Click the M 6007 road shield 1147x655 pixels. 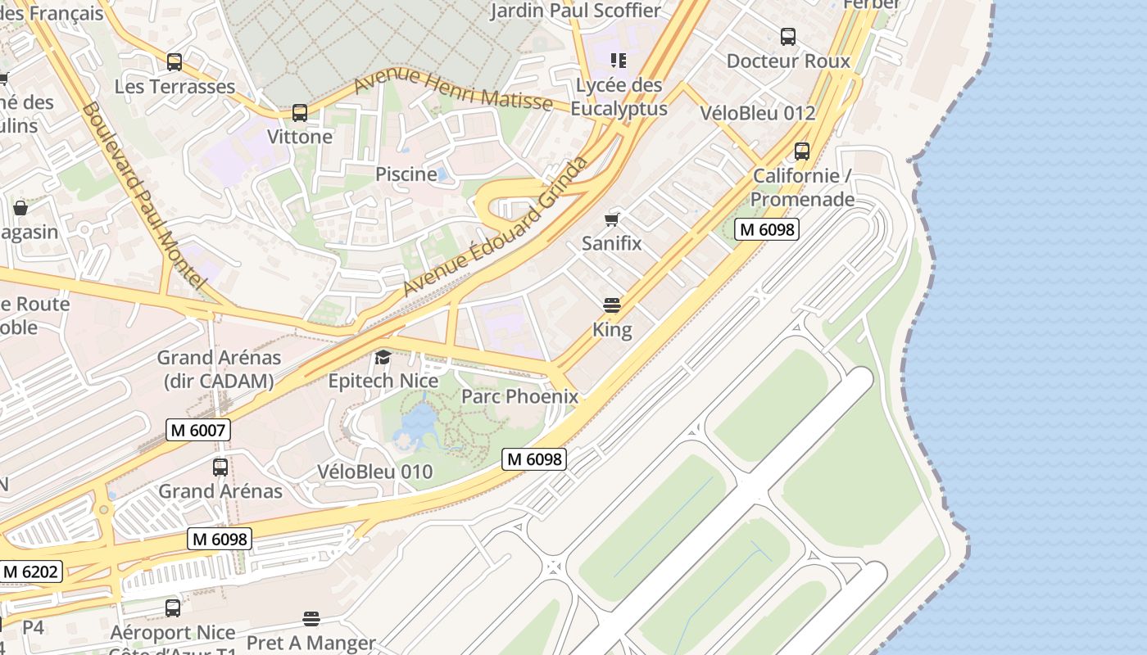pyautogui.click(x=197, y=430)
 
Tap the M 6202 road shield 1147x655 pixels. pyautogui.click(x=30, y=571)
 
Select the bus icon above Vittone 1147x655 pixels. pyautogui.click(x=300, y=113)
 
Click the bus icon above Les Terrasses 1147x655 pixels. pyautogui.click(x=174, y=62)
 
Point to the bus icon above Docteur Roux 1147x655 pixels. pyautogui.click(x=787, y=37)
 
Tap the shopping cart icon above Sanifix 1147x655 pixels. pyautogui.click(x=611, y=219)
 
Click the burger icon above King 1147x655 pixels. pyautogui.click(x=611, y=306)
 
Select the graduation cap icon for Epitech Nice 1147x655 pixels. pyautogui.click(x=383, y=357)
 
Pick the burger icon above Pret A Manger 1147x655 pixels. pyautogui.click(x=311, y=618)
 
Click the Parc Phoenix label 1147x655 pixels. pyautogui.click(x=519, y=396)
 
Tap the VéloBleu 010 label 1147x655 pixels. pyautogui.click(x=374, y=472)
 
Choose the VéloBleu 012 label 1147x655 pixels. pyautogui.click(x=758, y=113)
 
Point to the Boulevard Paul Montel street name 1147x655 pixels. pyautogui.click(x=143, y=194)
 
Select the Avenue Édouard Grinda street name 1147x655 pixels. pyautogui.click(x=496, y=228)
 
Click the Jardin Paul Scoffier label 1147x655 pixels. pyautogui.click(x=575, y=11)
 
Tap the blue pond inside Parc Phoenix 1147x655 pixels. pyautogui.click(x=419, y=422)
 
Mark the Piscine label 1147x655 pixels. pyautogui.click(x=406, y=174)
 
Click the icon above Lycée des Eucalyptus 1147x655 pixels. pyautogui.click(x=619, y=61)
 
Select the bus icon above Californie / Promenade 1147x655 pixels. pyautogui.click(x=801, y=151)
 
